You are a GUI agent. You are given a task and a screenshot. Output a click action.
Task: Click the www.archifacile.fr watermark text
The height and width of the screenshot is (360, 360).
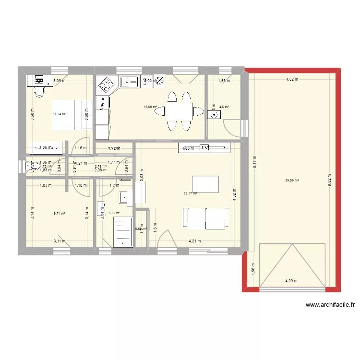(x=330, y=304)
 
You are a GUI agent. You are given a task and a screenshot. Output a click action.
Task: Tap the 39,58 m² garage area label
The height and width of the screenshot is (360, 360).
(x=292, y=180)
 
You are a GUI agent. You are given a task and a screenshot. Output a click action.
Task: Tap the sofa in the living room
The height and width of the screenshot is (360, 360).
(x=205, y=218)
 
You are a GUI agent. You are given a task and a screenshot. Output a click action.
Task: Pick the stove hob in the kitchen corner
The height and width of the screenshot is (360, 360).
(x=106, y=86)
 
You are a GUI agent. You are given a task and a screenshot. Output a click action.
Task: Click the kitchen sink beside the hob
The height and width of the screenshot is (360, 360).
(x=129, y=83)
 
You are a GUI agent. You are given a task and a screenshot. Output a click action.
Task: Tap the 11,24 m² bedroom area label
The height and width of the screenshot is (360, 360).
(x=60, y=114)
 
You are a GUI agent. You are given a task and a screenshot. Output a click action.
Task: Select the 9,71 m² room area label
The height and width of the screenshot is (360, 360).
(x=59, y=213)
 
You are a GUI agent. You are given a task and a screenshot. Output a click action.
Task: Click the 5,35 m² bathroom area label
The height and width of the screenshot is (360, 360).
(x=114, y=213)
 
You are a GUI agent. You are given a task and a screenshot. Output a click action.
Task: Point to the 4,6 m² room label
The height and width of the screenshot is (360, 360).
(x=224, y=108)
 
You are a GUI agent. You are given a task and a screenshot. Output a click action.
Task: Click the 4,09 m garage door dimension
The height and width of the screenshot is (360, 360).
(x=292, y=281)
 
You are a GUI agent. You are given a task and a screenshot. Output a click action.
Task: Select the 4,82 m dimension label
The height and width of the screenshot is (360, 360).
(x=235, y=199)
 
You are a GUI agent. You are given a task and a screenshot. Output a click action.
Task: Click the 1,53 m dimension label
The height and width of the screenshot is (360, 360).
(x=224, y=81)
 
